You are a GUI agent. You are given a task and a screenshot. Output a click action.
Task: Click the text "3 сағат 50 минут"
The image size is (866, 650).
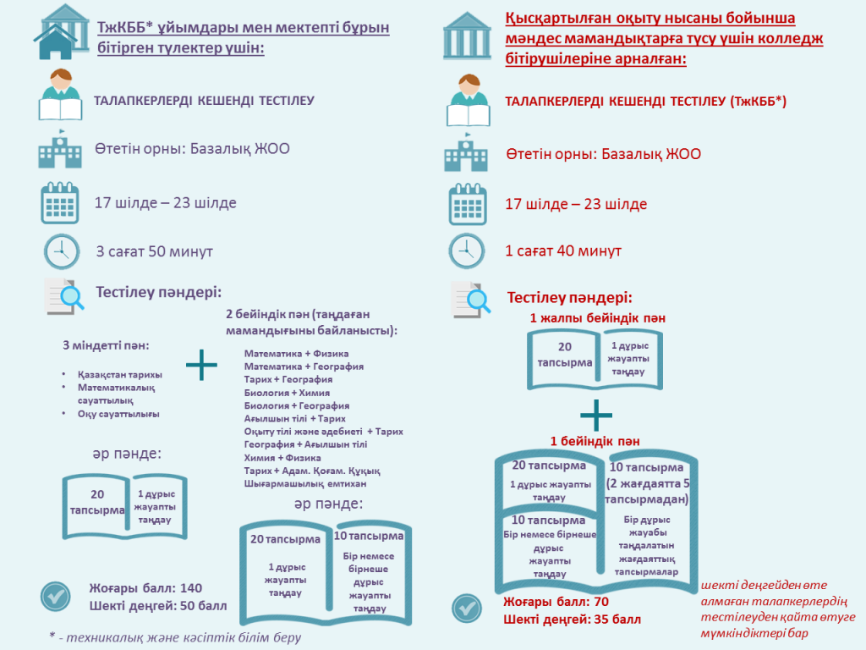pos(155,251)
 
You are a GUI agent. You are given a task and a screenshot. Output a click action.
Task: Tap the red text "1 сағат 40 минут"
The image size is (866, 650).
pos(563,251)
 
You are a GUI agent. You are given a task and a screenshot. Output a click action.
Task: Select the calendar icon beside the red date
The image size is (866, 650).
pos(468,205)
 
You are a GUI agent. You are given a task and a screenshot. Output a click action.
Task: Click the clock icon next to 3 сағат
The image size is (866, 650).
pos(62,251)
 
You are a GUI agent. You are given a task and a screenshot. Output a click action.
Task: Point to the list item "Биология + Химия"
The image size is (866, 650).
pos(288,393)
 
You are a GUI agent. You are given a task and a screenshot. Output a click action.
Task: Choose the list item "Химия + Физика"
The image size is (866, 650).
pos(282,458)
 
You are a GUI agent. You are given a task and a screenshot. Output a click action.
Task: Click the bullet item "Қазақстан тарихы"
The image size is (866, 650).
pos(120,374)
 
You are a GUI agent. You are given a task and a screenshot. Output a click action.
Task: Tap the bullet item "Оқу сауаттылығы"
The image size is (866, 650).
pos(118,413)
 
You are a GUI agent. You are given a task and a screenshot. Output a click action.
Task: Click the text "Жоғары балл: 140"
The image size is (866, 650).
pos(145,588)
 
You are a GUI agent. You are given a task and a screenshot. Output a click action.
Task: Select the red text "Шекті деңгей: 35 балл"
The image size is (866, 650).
pos(573,619)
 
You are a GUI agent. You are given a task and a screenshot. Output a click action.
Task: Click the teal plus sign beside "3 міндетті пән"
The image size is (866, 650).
pos(201,365)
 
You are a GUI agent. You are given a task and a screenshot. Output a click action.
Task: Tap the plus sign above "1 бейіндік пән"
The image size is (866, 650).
pos(596,415)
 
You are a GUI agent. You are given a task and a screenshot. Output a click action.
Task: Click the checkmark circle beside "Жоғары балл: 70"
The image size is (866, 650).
pos(467,609)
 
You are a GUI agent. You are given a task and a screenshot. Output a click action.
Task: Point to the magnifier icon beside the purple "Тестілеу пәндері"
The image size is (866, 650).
pos(64,296)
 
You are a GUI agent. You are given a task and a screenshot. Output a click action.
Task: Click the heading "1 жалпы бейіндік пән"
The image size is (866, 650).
pos(598,318)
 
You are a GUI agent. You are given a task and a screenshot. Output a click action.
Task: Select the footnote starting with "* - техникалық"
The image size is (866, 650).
pos(175,637)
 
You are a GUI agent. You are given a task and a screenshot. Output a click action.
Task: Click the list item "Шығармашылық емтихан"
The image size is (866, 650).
pos(305,483)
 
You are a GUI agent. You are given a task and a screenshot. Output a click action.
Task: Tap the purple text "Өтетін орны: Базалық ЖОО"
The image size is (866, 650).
pos(192,149)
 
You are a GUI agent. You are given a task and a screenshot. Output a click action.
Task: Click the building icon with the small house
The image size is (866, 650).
pos(61,31)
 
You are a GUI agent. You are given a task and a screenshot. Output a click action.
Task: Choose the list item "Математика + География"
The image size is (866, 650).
pos(304,366)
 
